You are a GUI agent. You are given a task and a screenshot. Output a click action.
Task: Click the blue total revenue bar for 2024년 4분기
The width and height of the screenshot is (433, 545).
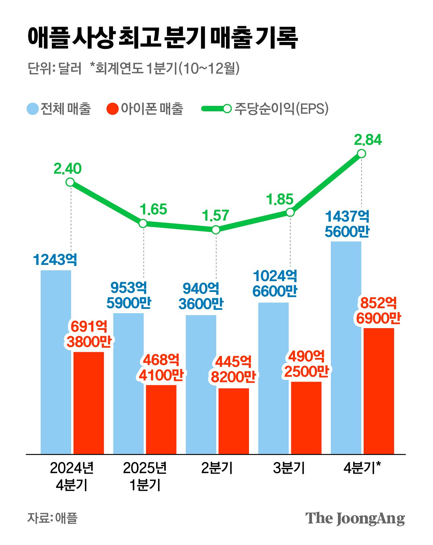(56, 362)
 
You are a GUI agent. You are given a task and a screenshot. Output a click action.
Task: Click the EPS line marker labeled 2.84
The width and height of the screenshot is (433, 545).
(361, 154)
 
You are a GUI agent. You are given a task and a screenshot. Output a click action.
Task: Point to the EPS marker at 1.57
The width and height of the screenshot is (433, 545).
(216, 230)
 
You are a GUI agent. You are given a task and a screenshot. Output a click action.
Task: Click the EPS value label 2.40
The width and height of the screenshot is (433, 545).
(68, 168)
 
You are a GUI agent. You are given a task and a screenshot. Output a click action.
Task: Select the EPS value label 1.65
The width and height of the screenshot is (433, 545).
(153, 209)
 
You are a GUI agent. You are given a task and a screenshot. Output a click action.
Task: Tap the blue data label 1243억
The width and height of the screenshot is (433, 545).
(55, 260)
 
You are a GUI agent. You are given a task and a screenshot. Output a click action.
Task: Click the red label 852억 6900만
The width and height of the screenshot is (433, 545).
(378, 311)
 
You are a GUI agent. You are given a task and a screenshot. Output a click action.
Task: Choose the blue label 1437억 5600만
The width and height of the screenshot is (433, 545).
(347, 224)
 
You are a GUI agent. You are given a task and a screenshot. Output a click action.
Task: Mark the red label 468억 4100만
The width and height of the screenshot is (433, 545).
(161, 367)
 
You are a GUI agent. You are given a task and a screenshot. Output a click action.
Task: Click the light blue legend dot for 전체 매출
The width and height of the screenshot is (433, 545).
(33, 109)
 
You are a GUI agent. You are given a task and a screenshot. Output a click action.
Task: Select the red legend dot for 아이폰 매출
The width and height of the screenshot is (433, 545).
(112, 109)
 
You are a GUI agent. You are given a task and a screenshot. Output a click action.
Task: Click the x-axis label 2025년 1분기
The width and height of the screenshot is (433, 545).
(145, 476)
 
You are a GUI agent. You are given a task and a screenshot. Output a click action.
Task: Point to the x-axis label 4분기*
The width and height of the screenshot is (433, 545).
(362, 468)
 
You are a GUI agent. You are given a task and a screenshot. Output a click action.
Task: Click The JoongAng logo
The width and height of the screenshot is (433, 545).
(355, 518)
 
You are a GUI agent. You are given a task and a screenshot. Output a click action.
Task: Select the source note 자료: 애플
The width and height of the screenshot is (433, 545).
(52, 518)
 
